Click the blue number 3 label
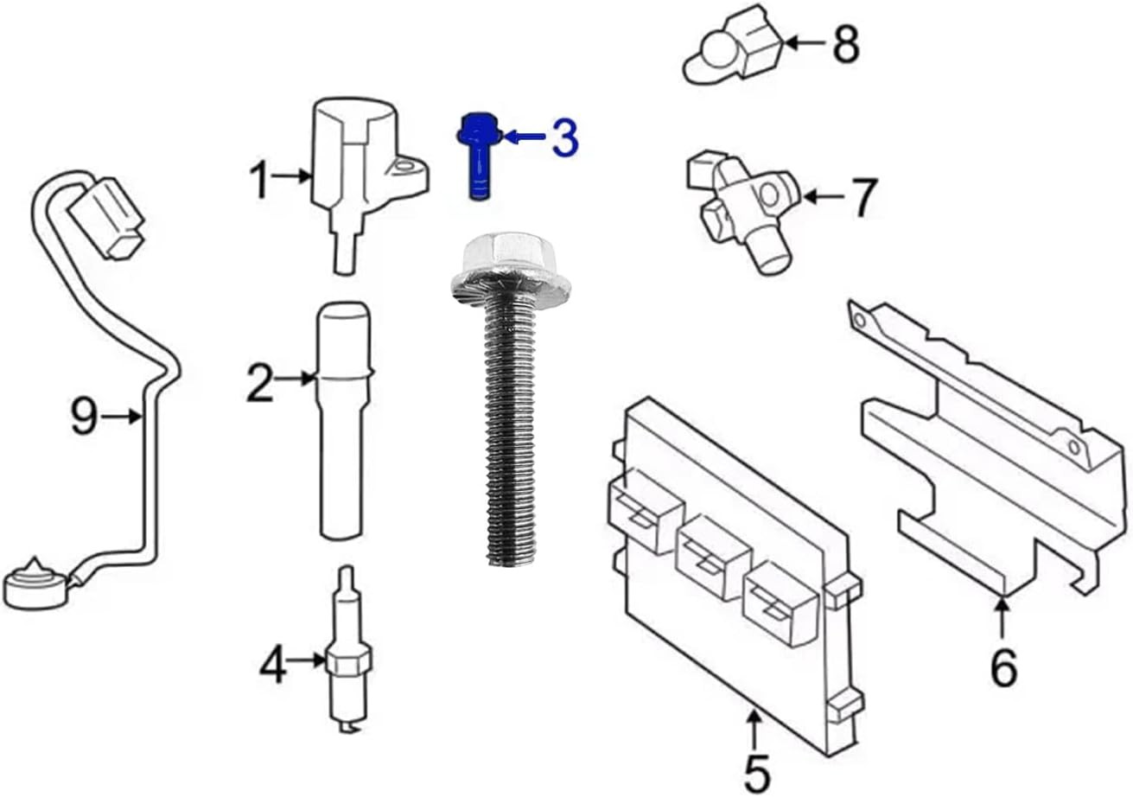click(564, 139)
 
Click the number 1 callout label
click(259, 181)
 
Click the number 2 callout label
click(258, 384)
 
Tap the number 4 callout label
click(273, 666)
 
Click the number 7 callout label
click(864, 198)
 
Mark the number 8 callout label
click(845, 45)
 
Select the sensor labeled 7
click(743, 207)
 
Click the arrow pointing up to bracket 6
click(1002, 617)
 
